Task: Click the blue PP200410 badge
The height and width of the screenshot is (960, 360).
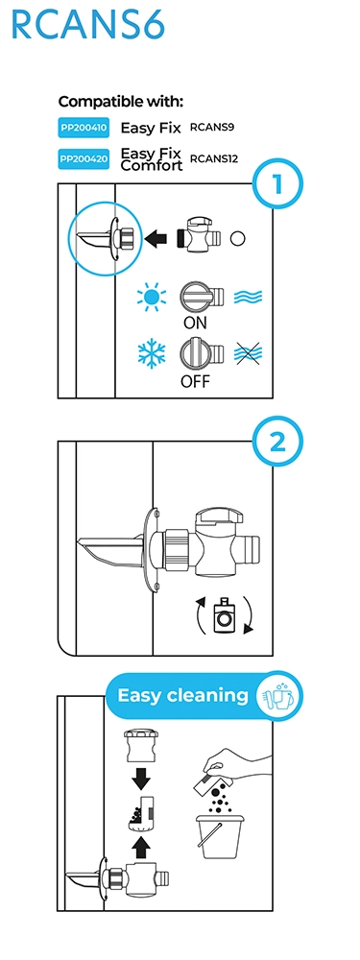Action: click(x=84, y=128)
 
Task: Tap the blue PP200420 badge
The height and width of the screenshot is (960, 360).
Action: click(x=84, y=159)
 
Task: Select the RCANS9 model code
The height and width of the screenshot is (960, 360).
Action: click(x=212, y=128)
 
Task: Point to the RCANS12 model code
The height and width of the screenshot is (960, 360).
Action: click(x=214, y=159)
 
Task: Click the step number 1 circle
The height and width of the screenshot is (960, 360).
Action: click(x=278, y=183)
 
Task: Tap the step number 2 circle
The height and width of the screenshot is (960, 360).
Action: click(x=278, y=442)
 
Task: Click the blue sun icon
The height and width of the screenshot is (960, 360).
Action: click(x=152, y=298)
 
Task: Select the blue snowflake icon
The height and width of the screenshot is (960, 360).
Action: click(x=152, y=353)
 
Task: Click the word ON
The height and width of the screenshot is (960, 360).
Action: click(x=195, y=323)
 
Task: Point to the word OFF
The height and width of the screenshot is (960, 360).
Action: click(x=195, y=381)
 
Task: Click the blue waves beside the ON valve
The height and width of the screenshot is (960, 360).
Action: click(x=248, y=298)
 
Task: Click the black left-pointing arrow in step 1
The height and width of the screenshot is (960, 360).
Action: click(x=156, y=238)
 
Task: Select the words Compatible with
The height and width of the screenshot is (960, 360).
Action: click(x=121, y=102)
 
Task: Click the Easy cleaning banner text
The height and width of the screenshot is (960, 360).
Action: click(x=182, y=695)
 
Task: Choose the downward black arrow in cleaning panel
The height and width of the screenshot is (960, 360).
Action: click(x=141, y=779)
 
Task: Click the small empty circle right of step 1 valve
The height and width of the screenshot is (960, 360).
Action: click(x=237, y=238)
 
